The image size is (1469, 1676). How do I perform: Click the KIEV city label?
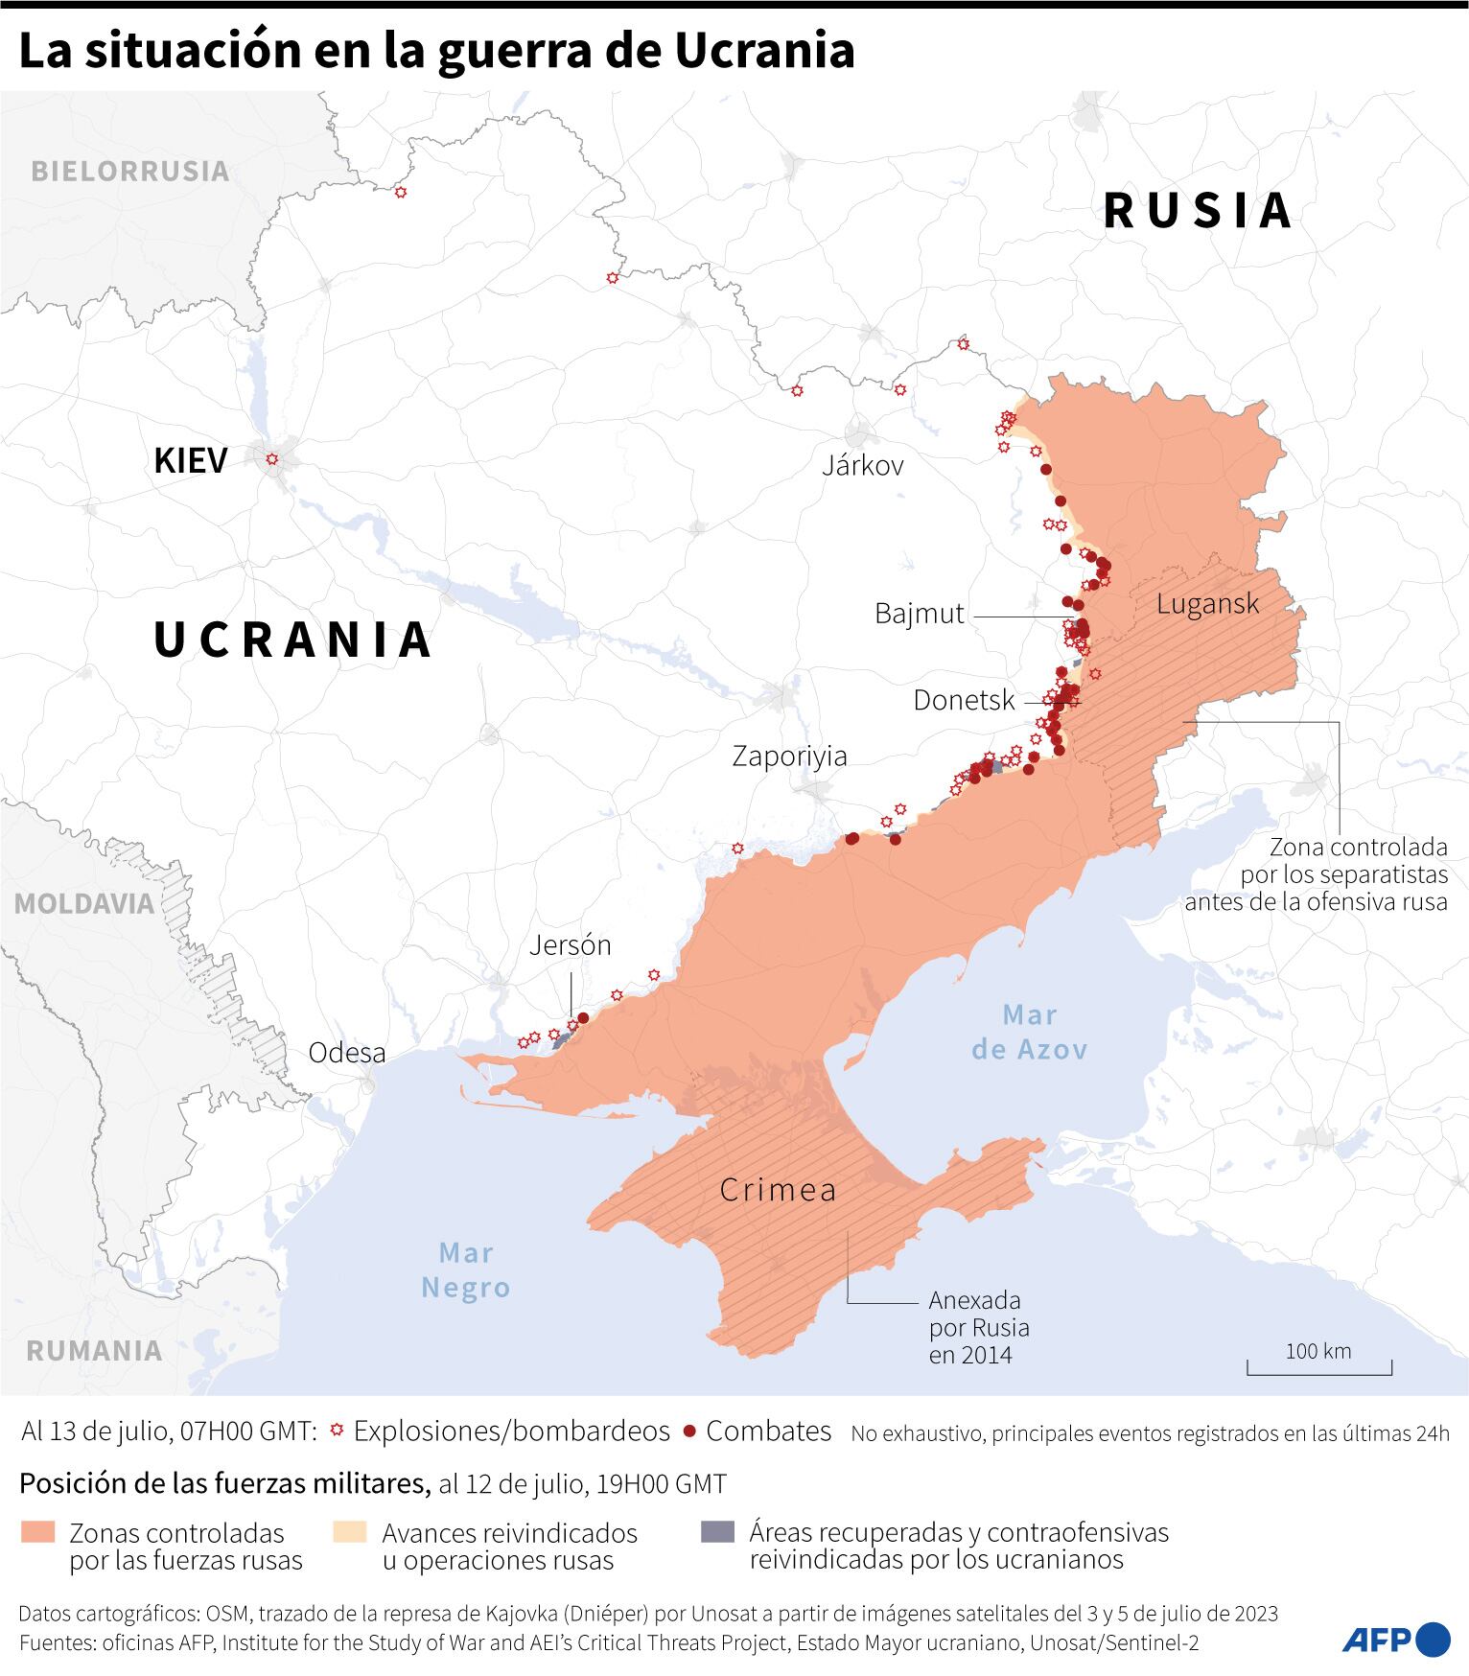tap(191, 461)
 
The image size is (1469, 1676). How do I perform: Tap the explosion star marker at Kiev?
tap(272, 459)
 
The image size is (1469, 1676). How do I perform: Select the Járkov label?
tap(863, 466)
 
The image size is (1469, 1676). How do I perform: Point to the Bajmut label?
tap(919, 614)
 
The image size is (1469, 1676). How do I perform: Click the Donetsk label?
tap(964, 701)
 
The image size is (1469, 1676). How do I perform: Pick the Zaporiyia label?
tap(789, 757)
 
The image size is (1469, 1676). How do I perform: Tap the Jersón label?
tap(570, 945)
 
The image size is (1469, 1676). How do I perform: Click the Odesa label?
tap(347, 1053)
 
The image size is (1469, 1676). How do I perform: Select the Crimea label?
tap(778, 1191)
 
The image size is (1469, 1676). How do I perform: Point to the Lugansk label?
tap(1207, 604)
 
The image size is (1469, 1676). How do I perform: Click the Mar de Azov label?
tap(1030, 1032)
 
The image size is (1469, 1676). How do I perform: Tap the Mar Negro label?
tap(466, 1269)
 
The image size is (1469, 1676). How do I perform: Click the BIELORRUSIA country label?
tap(130, 172)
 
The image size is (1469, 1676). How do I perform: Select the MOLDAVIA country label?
tap(83, 903)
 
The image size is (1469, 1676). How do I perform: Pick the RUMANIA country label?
tap(94, 1351)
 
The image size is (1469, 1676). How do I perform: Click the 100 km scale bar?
tap(1318, 1367)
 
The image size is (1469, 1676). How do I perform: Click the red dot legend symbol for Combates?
tap(688, 1432)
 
